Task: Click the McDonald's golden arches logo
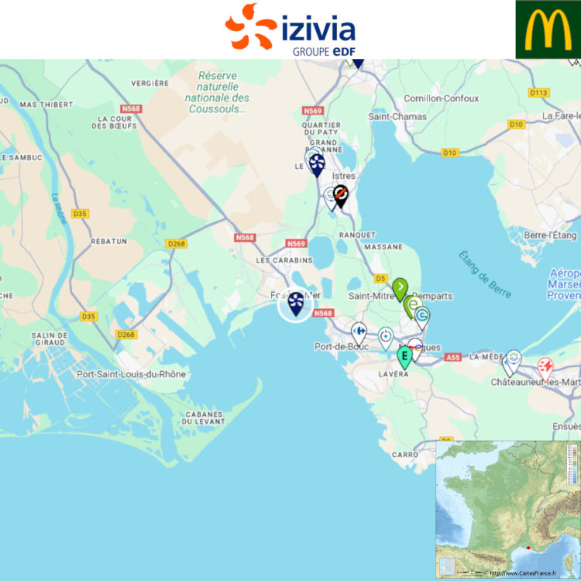[548, 29]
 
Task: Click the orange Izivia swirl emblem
[250, 26]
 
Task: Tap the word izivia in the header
[319, 30]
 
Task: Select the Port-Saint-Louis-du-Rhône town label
[131, 374]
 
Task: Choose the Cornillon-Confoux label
[442, 98]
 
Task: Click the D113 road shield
[539, 93]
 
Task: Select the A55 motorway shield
[453, 357]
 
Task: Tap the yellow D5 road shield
[380, 278]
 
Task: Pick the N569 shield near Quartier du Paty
[312, 112]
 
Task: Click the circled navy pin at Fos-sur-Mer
[296, 303]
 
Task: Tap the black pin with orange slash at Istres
[341, 195]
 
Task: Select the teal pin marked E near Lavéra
[404, 356]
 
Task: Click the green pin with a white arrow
[400, 289]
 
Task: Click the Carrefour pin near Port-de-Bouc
[359, 333]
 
